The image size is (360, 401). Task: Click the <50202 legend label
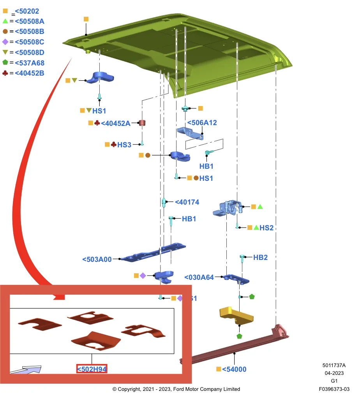coord(27,11)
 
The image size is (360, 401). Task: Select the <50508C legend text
coord(29,42)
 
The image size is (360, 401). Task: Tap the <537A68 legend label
coord(30,63)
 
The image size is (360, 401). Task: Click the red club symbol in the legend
coord(5,73)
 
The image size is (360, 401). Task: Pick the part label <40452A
coord(116,124)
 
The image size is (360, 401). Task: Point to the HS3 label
coord(124,145)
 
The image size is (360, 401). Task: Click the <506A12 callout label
coord(202,123)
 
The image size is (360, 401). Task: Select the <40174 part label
coord(187,202)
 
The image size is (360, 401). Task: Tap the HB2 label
coord(260,258)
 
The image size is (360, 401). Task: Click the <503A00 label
coord(97,260)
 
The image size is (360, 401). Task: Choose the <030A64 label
coord(199,277)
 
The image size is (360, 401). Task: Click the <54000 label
coord(234,369)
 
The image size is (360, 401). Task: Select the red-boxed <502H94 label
coord(92,369)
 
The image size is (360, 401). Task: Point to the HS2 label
coord(266,228)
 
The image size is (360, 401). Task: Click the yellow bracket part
coord(236,316)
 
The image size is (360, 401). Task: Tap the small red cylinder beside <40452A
coord(142,123)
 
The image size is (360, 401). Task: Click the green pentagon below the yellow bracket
coord(239,336)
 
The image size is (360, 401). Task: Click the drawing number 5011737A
coord(334,366)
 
